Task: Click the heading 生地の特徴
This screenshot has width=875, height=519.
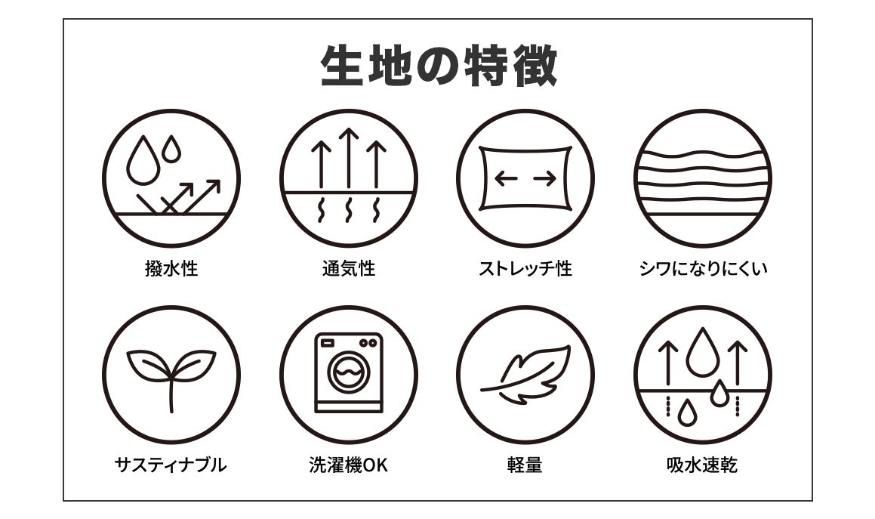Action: click(x=439, y=66)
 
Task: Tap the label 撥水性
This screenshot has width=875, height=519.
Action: click(x=171, y=269)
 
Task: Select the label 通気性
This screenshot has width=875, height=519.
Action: click(x=349, y=269)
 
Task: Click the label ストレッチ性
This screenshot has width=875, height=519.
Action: click(x=525, y=269)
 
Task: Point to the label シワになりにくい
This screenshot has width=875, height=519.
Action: click(x=703, y=269)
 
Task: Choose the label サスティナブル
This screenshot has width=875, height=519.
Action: click(x=171, y=465)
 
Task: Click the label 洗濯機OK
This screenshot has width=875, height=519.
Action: click(x=348, y=465)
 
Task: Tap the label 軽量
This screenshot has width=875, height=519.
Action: click(x=525, y=465)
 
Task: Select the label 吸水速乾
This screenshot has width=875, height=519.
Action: click(x=703, y=465)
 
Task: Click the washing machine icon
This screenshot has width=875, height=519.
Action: click(x=349, y=372)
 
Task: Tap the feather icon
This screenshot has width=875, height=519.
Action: click(x=526, y=374)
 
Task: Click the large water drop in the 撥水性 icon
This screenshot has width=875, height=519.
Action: click(x=142, y=160)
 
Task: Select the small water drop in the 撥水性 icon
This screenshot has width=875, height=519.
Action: click(x=171, y=149)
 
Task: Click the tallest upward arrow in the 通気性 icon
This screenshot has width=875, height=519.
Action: click(x=349, y=158)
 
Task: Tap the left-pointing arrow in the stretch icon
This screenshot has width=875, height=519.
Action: click(x=506, y=179)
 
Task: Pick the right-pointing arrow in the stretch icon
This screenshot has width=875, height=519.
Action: click(x=544, y=179)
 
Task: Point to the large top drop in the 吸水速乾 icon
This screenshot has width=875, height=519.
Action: click(x=702, y=352)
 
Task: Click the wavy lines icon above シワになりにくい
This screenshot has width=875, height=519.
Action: click(x=703, y=178)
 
